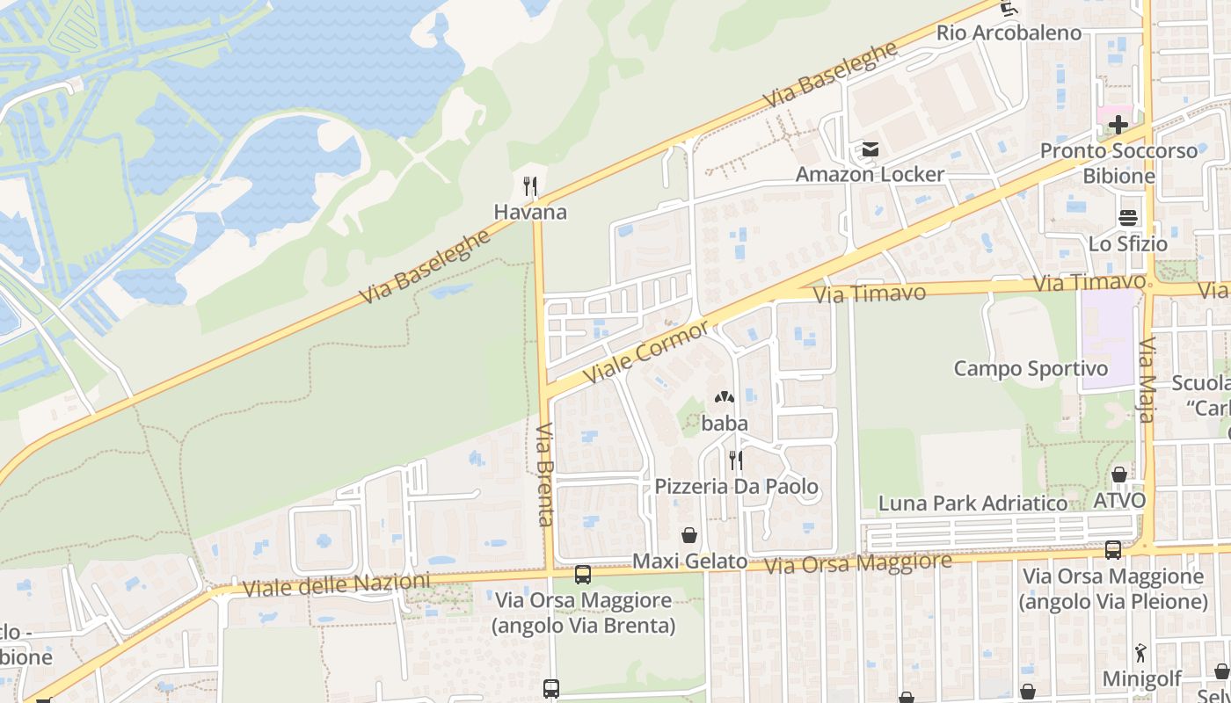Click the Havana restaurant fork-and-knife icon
530,186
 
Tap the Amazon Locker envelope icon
870,149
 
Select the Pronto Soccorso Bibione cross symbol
1118,124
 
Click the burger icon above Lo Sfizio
1128,218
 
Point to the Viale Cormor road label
647,351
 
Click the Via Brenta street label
545,475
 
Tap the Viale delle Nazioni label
337,585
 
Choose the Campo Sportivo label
1031,368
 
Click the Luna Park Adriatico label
973,504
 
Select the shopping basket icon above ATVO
1119,475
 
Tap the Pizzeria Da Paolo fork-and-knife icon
736,460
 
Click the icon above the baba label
725,398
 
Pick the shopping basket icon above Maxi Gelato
689,534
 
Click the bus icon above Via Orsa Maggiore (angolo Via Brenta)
582,575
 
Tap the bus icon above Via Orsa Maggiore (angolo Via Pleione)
1113,550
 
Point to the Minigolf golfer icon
1140,653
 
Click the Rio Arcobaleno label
1009,33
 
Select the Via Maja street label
1147,380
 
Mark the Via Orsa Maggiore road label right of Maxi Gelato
857,563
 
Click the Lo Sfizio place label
1128,244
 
